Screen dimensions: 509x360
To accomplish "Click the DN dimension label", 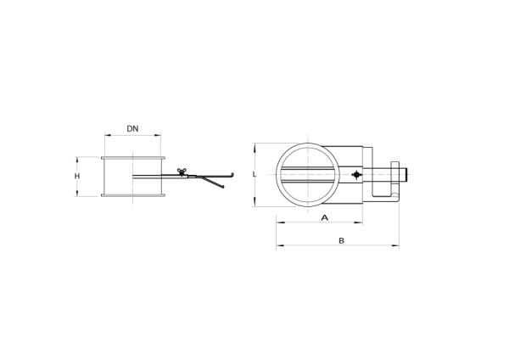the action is click(x=132, y=129).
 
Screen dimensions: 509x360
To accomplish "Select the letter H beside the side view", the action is click(x=77, y=176).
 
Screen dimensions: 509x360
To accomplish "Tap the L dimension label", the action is click(x=255, y=174).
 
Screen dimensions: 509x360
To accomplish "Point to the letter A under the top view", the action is click(x=325, y=217).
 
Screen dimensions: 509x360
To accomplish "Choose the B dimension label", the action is click(x=341, y=241).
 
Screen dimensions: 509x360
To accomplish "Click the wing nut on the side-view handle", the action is click(x=182, y=172).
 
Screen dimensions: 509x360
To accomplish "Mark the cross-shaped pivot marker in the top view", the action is click(x=357, y=175).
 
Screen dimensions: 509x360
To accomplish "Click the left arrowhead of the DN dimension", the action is click(x=108, y=135).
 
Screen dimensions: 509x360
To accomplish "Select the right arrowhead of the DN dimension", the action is click(x=158, y=135).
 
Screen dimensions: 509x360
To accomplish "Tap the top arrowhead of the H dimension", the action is click(x=77, y=160).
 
